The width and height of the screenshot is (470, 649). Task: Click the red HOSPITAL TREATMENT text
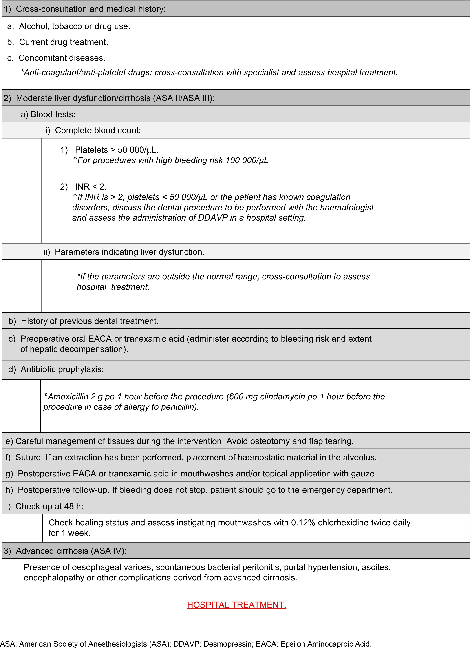pyautogui.click(x=237, y=605)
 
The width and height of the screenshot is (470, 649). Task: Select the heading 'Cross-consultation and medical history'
pyautogui.click(x=90, y=9)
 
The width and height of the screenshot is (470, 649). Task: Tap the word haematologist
pyautogui.click(x=346, y=208)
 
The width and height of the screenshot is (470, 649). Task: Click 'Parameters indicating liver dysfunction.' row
pyautogui.click(x=129, y=252)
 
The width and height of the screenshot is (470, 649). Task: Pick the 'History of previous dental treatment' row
pyautogui.click(x=89, y=321)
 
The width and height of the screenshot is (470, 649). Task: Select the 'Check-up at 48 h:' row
pyautogui.click(x=49, y=506)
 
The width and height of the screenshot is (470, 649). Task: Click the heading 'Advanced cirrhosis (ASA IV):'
pyautogui.click(x=71, y=551)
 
